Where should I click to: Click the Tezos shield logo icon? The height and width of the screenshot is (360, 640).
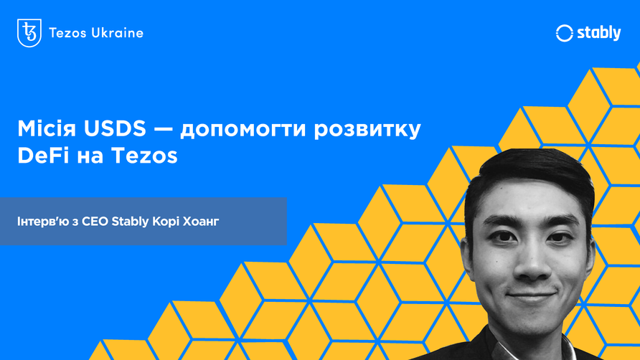pos(29,33)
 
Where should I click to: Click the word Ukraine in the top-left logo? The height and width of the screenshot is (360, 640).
pos(118,33)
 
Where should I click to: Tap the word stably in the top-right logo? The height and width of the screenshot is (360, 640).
pos(598,33)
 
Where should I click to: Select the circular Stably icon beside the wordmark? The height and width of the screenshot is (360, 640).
pos(565,33)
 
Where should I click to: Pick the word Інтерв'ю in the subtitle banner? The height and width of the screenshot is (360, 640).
pos(40,221)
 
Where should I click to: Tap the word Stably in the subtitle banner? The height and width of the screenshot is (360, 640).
pos(131,221)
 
